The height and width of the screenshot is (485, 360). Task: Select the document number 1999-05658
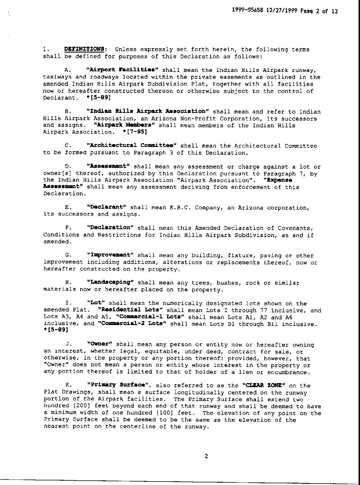pyautogui.click(x=248, y=11)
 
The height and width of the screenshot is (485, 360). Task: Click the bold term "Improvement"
pyautogui.click(x=110, y=255)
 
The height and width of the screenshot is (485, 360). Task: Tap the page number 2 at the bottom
pyautogui.click(x=206, y=456)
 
